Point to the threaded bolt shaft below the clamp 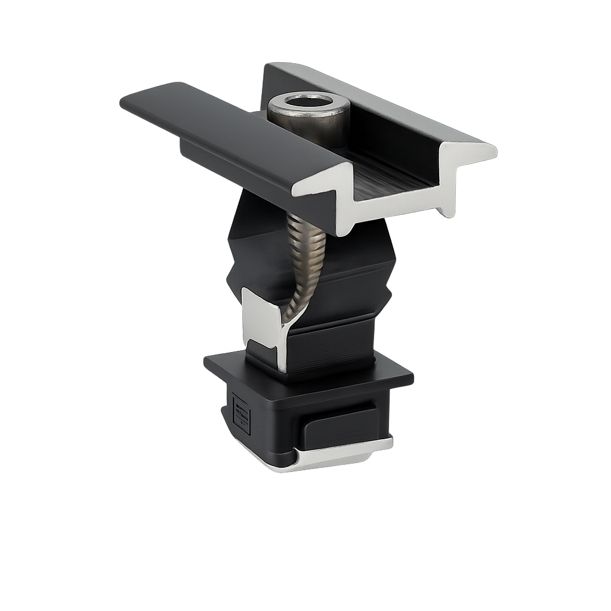tap(305, 251)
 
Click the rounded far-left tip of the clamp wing tap(125, 101)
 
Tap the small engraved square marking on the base tap(241, 414)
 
